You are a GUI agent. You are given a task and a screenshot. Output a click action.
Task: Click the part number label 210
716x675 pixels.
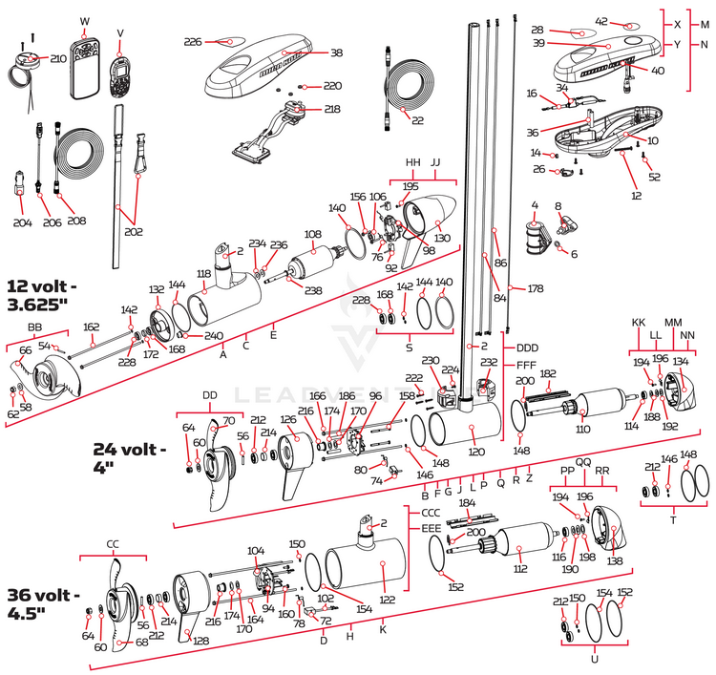[x=58, y=58]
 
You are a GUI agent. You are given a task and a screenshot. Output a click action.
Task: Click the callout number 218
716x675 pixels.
[x=331, y=110]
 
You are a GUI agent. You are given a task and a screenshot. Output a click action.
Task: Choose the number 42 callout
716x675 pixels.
[x=627, y=21]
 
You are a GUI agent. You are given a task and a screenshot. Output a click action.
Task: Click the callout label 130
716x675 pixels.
[x=441, y=238]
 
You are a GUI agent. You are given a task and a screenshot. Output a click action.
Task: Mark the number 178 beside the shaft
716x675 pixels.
[x=535, y=287]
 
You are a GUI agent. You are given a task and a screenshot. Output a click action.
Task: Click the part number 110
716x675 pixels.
[x=582, y=430]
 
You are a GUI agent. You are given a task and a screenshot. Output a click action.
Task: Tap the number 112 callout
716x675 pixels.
[x=520, y=568]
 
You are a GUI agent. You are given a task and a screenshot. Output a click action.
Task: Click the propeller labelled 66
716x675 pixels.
[x=46, y=377]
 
